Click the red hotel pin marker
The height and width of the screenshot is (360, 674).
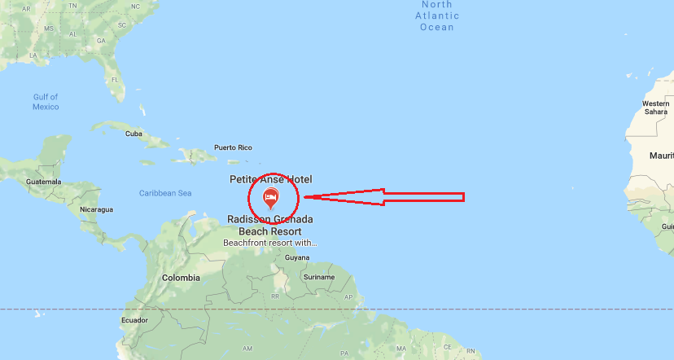tap(271, 197)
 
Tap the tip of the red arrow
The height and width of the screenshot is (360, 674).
tap(304, 197)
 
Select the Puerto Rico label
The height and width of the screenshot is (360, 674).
tap(233, 147)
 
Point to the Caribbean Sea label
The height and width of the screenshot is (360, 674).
tap(164, 193)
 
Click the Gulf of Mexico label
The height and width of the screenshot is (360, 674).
tap(46, 102)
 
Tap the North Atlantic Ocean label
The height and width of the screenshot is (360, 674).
tap(437, 16)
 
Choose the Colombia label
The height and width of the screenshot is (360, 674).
tap(181, 278)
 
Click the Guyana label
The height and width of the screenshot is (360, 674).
tap(297, 257)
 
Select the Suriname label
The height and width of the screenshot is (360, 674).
tap(319, 277)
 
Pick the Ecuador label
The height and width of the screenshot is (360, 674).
tap(134, 320)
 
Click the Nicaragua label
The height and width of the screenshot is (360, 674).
tap(96, 209)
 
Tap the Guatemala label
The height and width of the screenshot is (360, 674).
tap(44, 181)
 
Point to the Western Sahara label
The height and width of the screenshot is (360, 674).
tap(655, 108)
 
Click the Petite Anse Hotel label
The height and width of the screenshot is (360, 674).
tap(270, 179)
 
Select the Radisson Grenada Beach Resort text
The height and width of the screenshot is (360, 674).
tap(270, 226)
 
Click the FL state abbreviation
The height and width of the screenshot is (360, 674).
tap(115, 80)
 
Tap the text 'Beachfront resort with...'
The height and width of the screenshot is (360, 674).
tap(270, 243)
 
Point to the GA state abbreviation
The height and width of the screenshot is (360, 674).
tap(101, 40)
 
